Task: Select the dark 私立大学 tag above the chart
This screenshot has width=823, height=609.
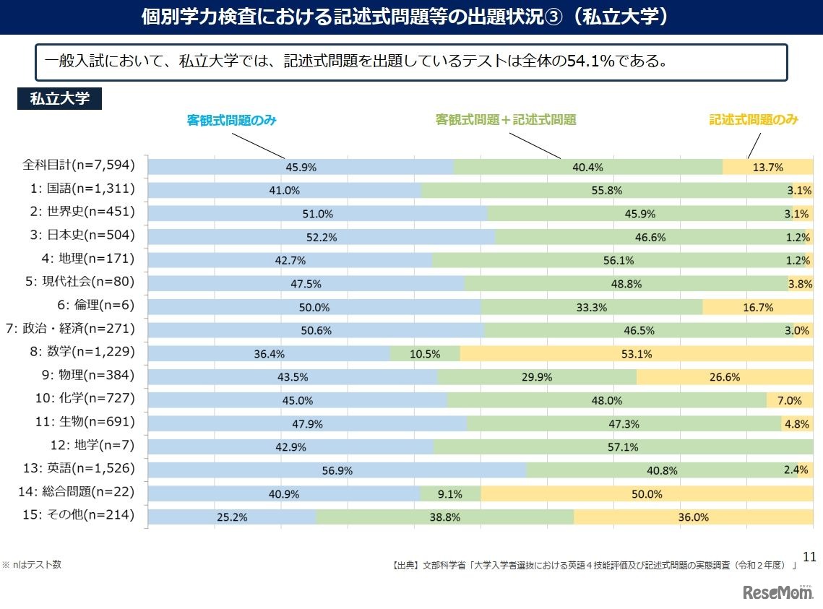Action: point(59,99)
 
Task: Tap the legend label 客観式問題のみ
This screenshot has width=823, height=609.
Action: point(231,121)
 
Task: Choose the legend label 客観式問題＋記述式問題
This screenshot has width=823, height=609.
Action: point(506,120)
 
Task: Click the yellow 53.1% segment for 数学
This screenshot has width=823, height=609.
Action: point(636,354)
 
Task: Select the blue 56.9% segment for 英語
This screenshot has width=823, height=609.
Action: point(337,470)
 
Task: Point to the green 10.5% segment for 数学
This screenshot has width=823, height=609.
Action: point(425,354)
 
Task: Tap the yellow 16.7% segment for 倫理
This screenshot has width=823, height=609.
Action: point(757,307)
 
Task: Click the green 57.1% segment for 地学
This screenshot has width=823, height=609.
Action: point(623,447)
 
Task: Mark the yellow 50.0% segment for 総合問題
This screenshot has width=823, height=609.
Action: point(647,494)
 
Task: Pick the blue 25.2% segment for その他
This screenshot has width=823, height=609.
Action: point(232,517)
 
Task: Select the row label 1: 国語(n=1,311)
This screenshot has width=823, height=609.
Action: point(81,189)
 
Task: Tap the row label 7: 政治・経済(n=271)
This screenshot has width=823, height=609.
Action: point(70,329)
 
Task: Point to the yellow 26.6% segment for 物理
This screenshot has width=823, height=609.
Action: point(724,377)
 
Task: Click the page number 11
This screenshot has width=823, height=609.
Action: point(809,556)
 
